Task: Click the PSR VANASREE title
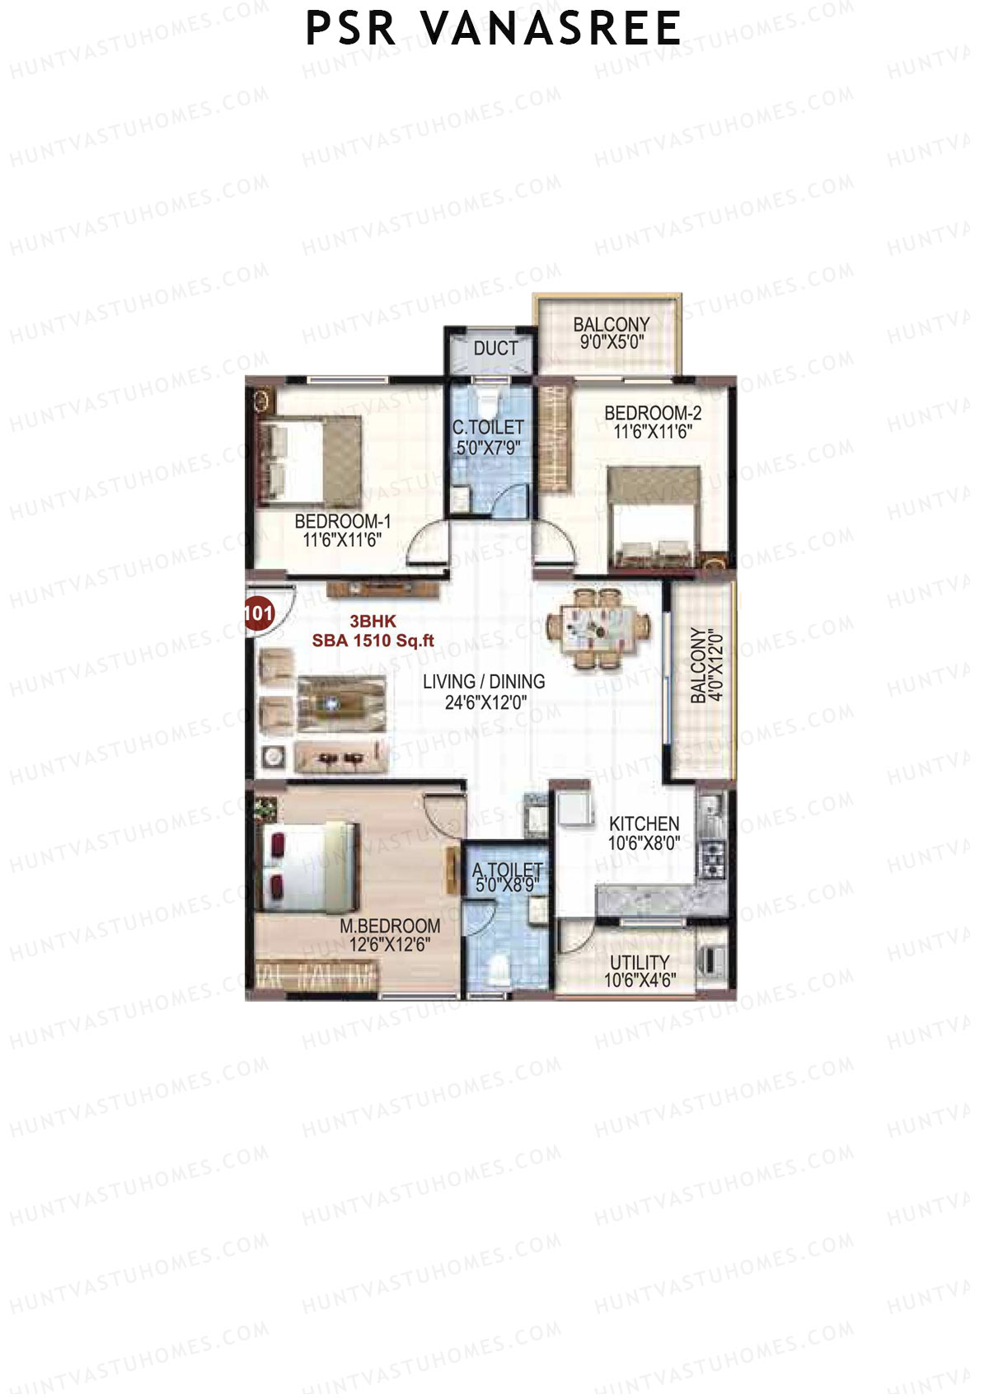coord(493,29)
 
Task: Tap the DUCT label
coord(495,349)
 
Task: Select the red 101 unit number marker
coord(259,613)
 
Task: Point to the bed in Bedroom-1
coord(309,461)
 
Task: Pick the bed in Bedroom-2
coord(654,518)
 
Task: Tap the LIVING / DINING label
coord(484,682)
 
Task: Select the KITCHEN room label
coord(644,824)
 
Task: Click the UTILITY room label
coord(640,962)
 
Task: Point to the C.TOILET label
coord(488,427)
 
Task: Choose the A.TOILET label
coord(507,870)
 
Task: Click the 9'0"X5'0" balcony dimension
coord(612,341)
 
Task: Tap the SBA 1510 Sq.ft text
coord(373,641)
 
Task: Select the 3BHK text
coord(373,622)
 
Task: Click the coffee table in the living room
coord(341,703)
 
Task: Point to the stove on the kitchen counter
coord(711,857)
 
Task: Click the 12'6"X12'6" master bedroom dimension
coord(389,945)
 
